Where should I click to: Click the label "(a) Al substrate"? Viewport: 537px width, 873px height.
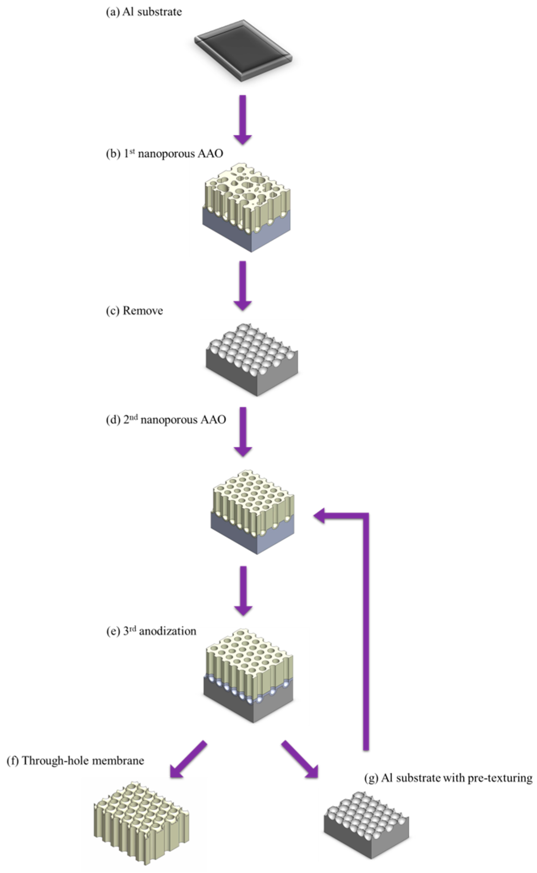click(x=144, y=12)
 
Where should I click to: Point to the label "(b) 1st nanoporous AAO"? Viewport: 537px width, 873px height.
click(x=165, y=154)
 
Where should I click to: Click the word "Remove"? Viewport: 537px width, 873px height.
click(x=143, y=311)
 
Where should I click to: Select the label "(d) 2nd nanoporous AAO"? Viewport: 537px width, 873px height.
click(x=166, y=420)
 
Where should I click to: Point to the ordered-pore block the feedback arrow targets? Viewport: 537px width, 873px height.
click(x=252, y=511)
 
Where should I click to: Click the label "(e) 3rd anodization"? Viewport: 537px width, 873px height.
click(x=151, y=631)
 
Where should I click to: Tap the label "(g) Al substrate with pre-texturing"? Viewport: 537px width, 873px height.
click(x=448, y=778)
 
